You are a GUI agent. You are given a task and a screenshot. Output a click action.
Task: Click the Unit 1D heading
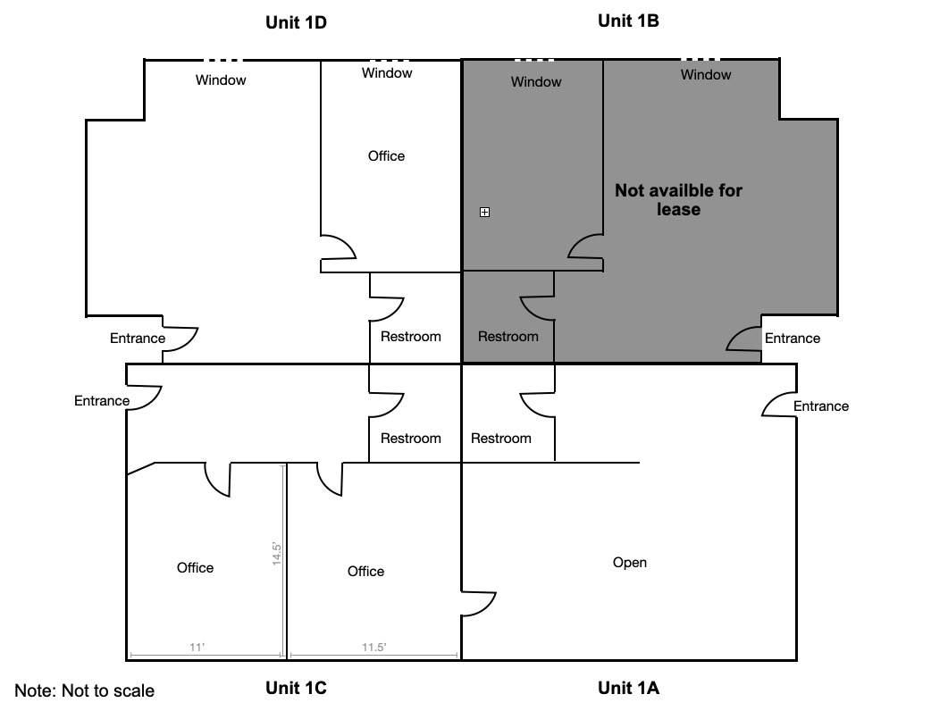297,22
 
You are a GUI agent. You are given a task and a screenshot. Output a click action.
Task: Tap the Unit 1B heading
628,21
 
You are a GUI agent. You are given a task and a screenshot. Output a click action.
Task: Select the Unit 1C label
297,688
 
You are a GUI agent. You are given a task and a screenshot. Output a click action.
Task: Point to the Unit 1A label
628,688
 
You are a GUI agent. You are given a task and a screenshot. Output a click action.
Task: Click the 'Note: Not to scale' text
84,690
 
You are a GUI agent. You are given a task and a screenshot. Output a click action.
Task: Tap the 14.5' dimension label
277,553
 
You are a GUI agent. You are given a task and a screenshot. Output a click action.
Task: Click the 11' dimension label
197,647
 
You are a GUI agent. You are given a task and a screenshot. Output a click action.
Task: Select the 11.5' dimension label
373,647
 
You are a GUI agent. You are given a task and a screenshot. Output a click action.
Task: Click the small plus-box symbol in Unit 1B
484,212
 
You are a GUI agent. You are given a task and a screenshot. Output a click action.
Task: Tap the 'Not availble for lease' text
678,199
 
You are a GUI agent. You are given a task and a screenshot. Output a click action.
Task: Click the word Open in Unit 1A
629,562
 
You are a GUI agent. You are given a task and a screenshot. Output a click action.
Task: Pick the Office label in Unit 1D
386,156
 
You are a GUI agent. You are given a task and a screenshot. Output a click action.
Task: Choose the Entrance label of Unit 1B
792,338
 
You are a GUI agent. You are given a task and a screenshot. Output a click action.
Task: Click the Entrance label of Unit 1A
820,406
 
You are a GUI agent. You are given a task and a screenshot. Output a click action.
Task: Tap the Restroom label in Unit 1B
508,336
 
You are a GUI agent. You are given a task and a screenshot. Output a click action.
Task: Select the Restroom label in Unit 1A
500,438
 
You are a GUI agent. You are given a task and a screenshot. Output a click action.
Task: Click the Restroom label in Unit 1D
410,336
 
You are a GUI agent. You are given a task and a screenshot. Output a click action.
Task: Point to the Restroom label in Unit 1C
410,438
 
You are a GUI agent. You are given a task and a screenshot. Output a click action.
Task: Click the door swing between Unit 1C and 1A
478,604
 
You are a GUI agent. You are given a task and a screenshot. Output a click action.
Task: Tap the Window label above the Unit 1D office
387,72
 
